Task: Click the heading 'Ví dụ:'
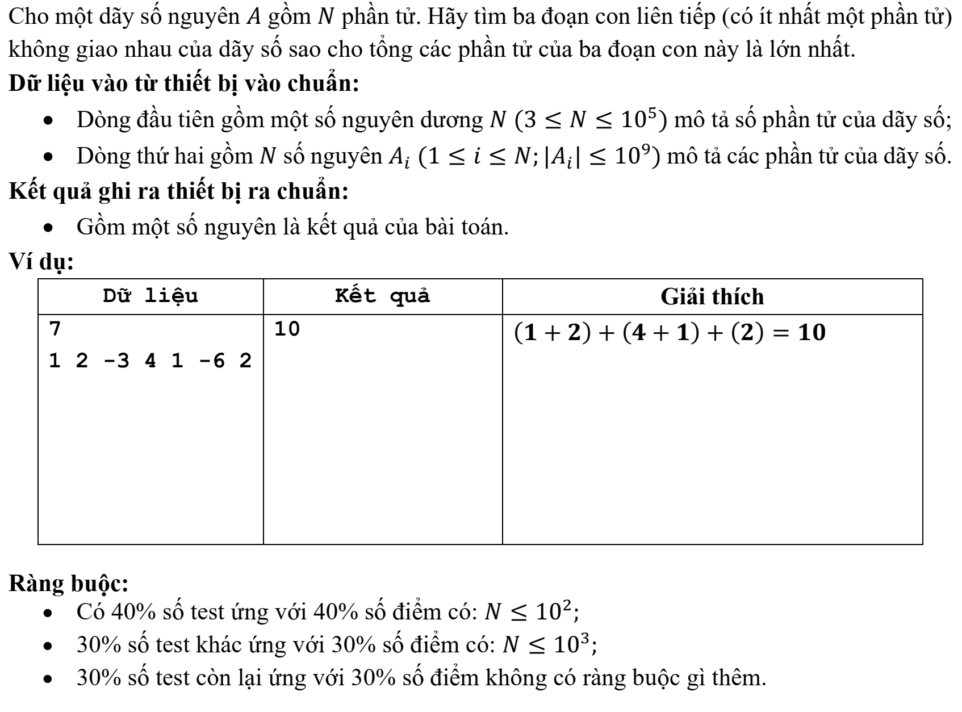pyautogui.click(x=41, y=263)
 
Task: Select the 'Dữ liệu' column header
pyautogui.click(x=150, y=296)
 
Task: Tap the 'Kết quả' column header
pyautogui.click(x=382, y=296)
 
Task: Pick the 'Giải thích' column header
pyautogui.click(x=712, y=296)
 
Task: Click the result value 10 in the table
pyautogui.click(x=287, y=329)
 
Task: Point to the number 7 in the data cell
pyautogui.click(x=55, y=329)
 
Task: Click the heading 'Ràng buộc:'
pyautogui.click(x=68, y=583)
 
